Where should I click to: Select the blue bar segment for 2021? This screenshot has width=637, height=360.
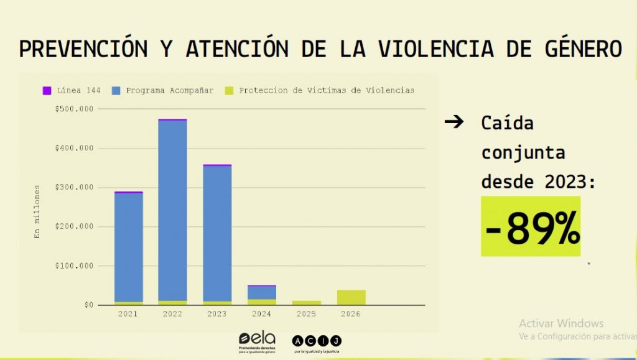click(x=129, y=247)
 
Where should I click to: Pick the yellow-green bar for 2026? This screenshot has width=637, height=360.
click(x=351, y=297)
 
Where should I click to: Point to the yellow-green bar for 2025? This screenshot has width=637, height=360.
click(x=307, y=302)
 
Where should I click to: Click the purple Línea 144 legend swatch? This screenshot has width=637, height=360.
click(x=47, y=91)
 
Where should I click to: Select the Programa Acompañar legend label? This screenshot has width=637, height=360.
click(x=169, y=91)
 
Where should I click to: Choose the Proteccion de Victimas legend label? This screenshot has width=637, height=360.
click(x=327, y=91)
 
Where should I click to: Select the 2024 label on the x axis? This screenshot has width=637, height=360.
click(x=261, y=314)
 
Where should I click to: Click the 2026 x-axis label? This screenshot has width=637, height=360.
click(x=350, y=314)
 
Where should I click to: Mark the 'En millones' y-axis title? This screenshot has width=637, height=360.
click(x=37, y=211)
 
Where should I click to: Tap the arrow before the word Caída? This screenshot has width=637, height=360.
click(x=455, y=122)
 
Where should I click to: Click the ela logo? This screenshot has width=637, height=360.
click(x=256, y=341)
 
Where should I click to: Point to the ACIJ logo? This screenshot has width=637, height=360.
click(x=317, y=341)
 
